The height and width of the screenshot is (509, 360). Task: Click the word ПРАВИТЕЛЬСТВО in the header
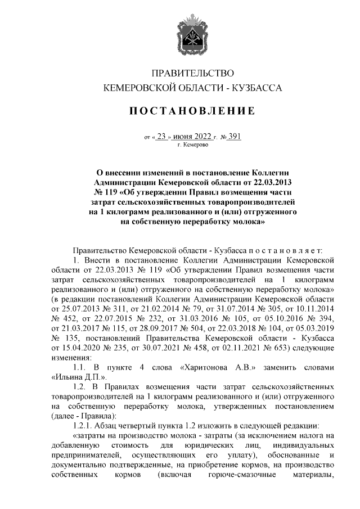click(193, 73)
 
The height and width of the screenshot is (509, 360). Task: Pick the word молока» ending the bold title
click(243, 222)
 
